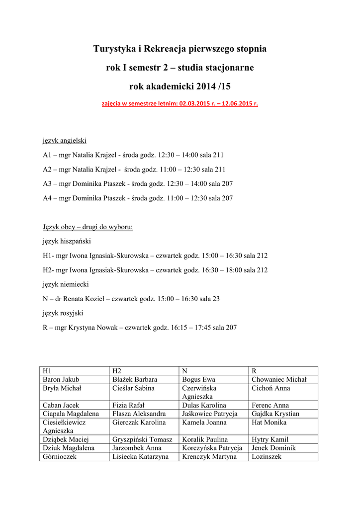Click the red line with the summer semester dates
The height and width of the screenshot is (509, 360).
pyautogui.click(x=180, y=104)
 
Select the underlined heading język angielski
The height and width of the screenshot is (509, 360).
pyautogui.click(x=65, y=141)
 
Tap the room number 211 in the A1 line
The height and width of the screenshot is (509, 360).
pyautogui.click(x=219, y=155)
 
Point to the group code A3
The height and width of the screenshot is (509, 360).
pyautogui.click(x=47, y=184)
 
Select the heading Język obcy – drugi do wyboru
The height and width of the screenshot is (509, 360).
pyautogui.click(x=88, y=227)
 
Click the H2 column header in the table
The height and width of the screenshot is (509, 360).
pyautogui.click(x=117, y=371)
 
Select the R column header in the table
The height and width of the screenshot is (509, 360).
pyautogui.click(x=254, y=371)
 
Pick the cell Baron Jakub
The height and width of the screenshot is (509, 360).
pyautogui.click(x=61, y=380)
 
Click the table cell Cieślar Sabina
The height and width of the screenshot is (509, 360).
pyautogui.click(x=133, y=388)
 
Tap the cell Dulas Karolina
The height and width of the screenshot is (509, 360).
pyautogui.click(x=204, y=406)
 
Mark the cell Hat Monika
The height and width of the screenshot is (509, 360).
pyautogui.click(x=269, y=423)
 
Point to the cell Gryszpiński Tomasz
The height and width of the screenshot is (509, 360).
pyautogui.click(x=142, y=439)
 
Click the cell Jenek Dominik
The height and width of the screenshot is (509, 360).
pyautogui.click(x=274, y=448)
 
